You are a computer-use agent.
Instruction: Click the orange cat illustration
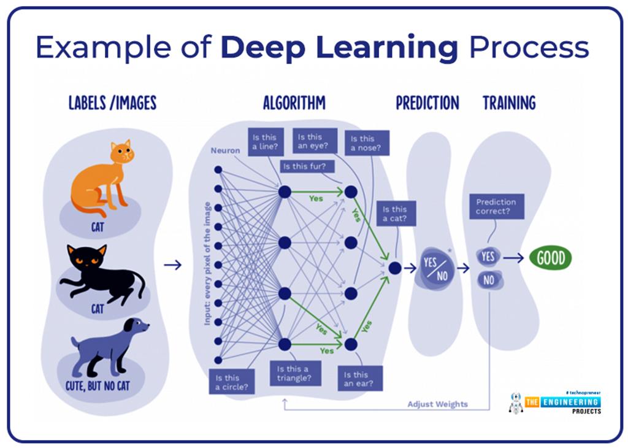[x=101, y=178]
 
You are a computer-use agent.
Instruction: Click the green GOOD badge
[x=550, y=258]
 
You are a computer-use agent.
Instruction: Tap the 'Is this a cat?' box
[x=396, y=214]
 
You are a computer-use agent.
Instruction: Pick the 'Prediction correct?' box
[x=496, y=207]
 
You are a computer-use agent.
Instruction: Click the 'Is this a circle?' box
[x=231, y=382]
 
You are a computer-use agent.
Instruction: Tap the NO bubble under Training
[x=489, y=281]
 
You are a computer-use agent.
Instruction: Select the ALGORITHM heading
[x=294, y=103]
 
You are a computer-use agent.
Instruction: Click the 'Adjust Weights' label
[x=437, y=404]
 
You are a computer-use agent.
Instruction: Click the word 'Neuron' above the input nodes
[x=225, y=150]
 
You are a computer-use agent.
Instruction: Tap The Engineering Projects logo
[x=557, y=402]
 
